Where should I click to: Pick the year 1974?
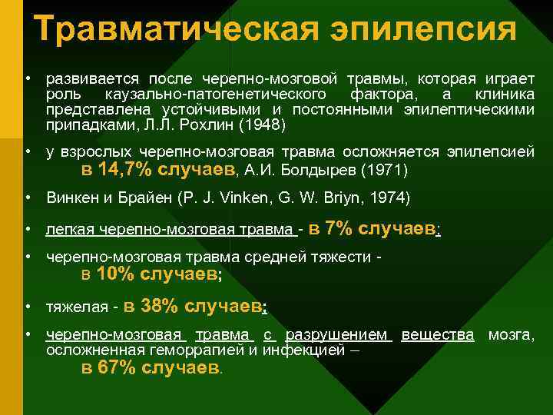(391, 198)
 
